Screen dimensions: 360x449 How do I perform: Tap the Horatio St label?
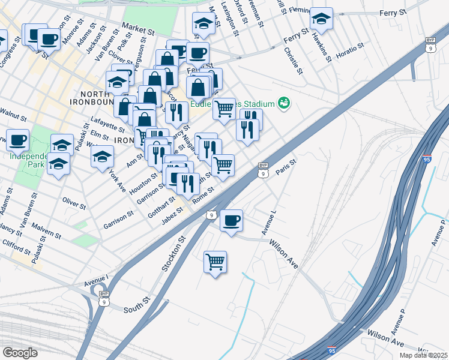click(x=351, y=47)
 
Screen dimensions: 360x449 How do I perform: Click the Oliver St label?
click(x=74, y=203)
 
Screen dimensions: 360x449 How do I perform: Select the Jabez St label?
click(x=172, y=215)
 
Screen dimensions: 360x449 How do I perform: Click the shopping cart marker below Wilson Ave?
click(x=215, y=262)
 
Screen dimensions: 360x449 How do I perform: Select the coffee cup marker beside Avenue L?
click(x=231, y=220)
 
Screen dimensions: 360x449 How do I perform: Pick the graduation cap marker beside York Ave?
click(x=103, y=157)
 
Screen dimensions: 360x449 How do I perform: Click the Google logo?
click(x=20, y=353)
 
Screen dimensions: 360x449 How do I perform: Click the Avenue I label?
click(x=95, y=280)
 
